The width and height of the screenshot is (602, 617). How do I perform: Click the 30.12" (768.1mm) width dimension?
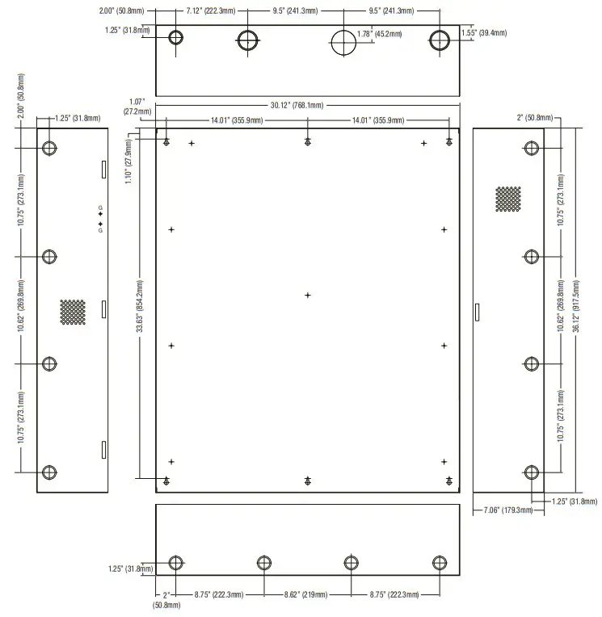pos(297,105)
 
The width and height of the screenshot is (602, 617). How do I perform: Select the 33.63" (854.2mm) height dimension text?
pos(141,307)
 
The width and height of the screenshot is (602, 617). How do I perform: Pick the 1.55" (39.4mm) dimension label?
pos(484,33)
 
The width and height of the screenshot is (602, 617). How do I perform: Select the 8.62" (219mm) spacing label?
pos(307,594)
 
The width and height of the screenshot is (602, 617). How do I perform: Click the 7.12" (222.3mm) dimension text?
pos(209,11)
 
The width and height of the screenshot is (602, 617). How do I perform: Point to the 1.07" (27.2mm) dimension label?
pos(133,107)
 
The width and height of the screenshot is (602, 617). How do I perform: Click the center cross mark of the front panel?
pos(308,295)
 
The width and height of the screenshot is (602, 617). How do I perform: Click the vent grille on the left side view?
pos(73,313)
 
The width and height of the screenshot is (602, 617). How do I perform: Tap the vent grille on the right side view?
pos(508,199)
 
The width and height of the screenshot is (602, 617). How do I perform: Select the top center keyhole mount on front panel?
pos(308,142)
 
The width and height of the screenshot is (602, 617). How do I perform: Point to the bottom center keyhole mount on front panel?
pos(308,481)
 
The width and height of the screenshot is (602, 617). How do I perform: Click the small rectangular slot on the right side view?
pos(477,312)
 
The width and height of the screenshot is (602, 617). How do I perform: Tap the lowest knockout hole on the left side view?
pos(50,472)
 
